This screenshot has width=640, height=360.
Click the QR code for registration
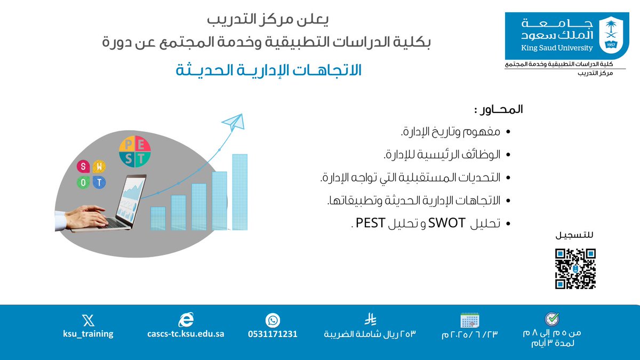pos(575,269)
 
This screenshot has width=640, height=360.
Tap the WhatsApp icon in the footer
pos(273,320)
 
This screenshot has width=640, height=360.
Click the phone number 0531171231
pos(273,334)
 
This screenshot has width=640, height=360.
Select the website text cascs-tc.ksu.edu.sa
pos(186,334)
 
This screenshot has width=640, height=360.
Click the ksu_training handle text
pos(88,334)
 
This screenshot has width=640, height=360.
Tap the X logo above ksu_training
pos(88,320)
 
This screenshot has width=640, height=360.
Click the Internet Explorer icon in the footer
pos(186,319)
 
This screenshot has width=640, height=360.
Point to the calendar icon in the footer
pos(470,320)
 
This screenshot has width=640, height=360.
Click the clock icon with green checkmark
pos(551,319)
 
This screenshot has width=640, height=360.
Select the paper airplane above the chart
pos(233,122)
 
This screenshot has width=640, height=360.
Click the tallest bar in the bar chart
pos(239,192)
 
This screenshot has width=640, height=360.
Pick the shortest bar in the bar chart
pos(158,219)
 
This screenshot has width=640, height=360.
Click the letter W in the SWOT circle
pos(99,166)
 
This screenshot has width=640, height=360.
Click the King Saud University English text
pos(549,48)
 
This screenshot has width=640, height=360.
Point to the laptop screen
pos(133,197)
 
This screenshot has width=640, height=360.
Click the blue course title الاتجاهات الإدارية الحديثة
pos(269,70)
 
